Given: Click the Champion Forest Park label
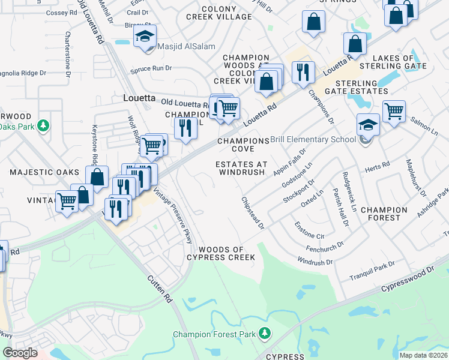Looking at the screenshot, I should [x=214, y=334].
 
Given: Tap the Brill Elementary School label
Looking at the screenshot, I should [x=313, y=140].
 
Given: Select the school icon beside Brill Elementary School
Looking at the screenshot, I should [x=368, y=125].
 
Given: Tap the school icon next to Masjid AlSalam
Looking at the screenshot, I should [x=145, y=37].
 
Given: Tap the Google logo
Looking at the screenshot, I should [x=20, y=353].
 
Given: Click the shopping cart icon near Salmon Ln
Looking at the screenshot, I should [x=394, y=111].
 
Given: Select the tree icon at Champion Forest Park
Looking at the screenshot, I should [x=264, y=334].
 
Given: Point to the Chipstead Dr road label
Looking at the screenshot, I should [x=253, y=213].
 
